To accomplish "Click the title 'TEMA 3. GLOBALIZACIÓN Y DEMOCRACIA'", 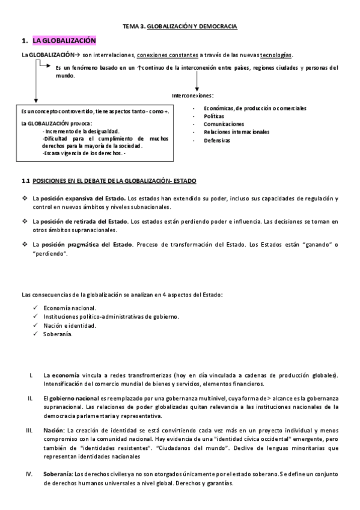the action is point(180,27).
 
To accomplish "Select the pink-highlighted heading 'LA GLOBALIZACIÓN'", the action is point(64,41).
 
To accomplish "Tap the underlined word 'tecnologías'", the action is point(277,55).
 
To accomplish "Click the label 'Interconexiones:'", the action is point(192,95).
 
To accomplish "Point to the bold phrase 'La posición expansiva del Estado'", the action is point(79,198).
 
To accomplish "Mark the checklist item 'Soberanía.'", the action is point(58,334).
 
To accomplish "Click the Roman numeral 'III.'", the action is point(29,431).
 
